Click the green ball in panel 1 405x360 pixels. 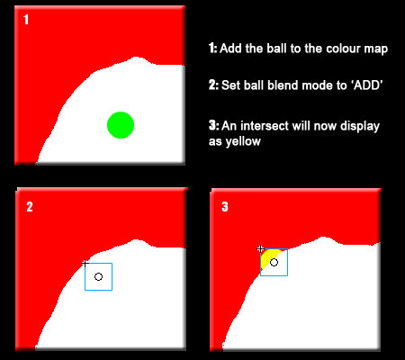120,125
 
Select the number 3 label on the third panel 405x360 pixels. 225,206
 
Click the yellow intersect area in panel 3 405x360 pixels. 266,260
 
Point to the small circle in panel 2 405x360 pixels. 98,276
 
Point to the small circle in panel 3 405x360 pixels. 274,262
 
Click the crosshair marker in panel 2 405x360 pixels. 85,263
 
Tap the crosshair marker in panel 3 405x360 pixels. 260,248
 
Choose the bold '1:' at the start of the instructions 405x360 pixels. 213,48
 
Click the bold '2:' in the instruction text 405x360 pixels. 214,86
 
